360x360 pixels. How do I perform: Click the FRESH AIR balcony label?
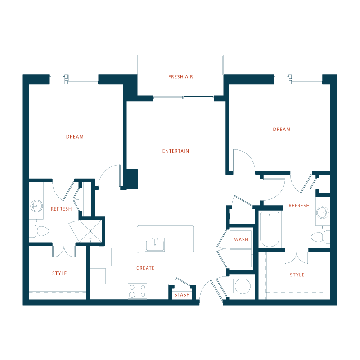[180, 77]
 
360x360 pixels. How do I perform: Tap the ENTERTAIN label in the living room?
[175, 151]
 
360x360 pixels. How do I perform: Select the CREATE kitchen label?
[145, 268]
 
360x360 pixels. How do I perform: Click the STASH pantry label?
[182, 295]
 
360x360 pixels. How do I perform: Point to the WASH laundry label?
[241, 239]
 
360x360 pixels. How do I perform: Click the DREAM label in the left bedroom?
[75, 137]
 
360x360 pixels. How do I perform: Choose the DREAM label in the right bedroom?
[282, 130]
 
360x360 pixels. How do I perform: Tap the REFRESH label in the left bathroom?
[61, 209]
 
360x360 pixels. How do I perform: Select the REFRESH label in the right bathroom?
[299, 206]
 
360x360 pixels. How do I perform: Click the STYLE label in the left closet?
[59, 273]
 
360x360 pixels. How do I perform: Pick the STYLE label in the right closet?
[297, 275]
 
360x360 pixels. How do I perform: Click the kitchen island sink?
[155, 244]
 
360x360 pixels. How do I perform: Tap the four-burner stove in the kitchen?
[137, 291]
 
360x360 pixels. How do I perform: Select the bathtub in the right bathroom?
[270, 229]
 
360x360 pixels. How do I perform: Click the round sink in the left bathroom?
[36, 206]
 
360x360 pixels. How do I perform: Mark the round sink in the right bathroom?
[323, 212]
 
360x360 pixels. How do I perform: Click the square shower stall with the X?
[90, 231]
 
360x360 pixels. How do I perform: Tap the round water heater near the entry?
[243, 286]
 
